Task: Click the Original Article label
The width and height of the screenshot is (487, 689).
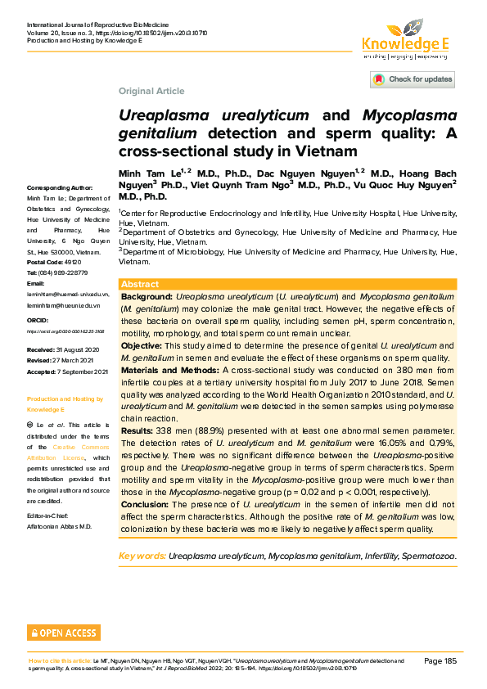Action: click(151, 91)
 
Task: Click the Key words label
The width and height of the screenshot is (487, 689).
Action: click(142, 556)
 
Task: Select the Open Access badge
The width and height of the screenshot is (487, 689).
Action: click(64, 633)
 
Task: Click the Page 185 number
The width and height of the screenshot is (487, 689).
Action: click(440, 660)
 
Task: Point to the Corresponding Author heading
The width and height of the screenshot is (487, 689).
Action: click(60, 187)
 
